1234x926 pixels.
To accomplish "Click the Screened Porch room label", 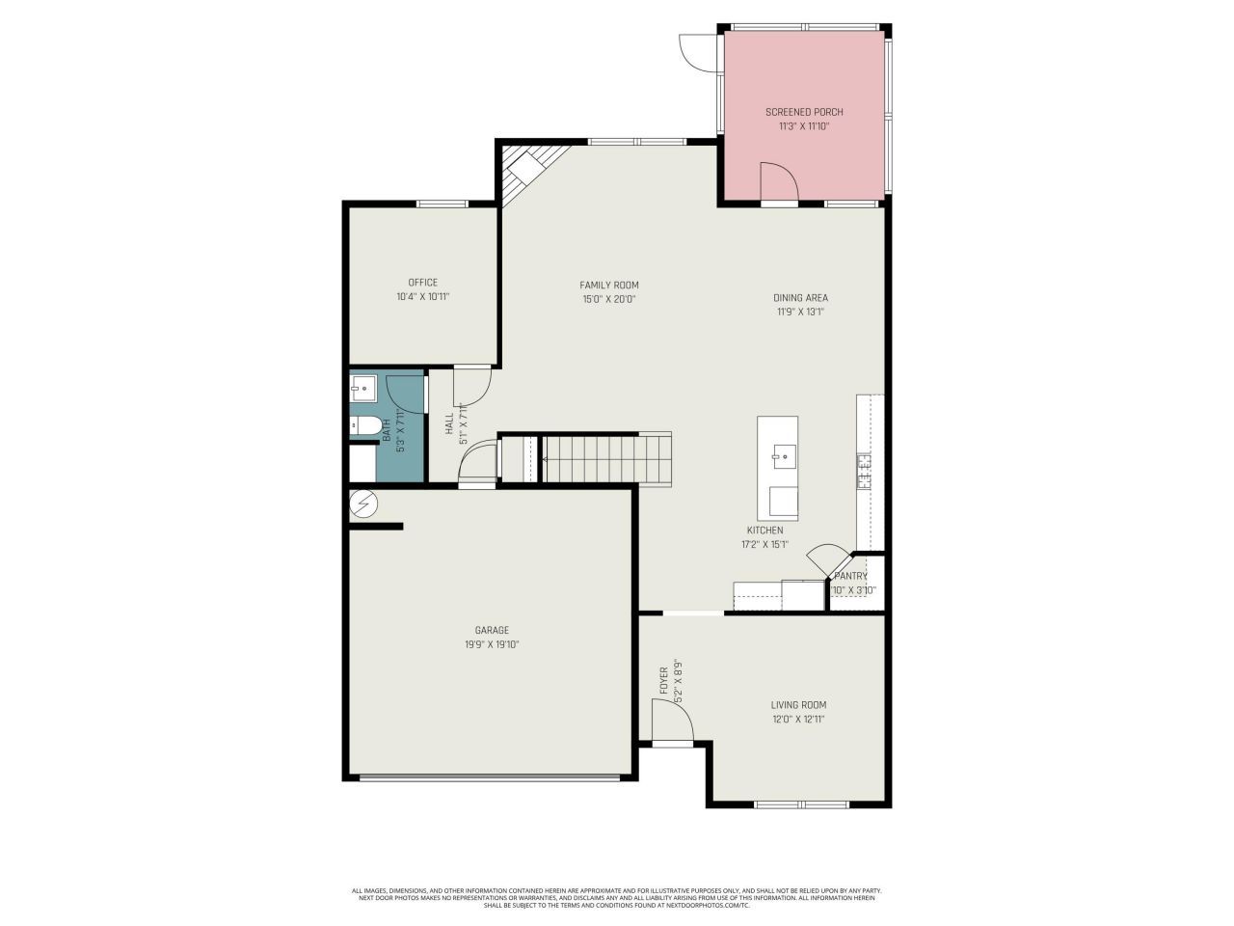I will tap(804, 112).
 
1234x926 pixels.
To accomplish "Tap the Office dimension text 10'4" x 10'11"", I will tap(422, 297).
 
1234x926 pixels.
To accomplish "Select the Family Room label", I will tap(608, 285).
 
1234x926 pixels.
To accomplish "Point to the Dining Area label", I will tap(800, 298).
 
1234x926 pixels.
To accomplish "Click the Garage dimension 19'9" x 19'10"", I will tap(492, 644).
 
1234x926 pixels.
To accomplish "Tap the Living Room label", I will tap(798, 705).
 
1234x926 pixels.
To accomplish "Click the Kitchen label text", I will tap(765, 531).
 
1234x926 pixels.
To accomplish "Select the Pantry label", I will tap(850, 576).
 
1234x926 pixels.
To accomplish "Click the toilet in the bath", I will tap(363, 423).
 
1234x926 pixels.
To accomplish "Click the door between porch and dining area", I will tap(778, 183).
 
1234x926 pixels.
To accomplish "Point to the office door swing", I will tap(471, 387).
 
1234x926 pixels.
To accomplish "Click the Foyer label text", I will tap(664, 680).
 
